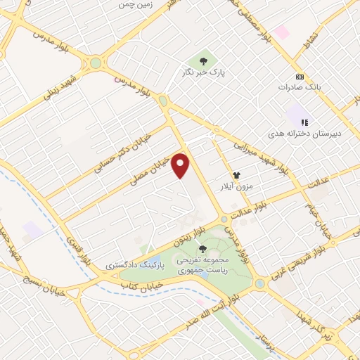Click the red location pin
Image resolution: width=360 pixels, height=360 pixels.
[182, 165]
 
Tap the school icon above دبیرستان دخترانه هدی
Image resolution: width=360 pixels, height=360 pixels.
[304, 122]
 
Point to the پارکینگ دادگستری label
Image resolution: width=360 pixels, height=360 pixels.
[132, 265]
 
